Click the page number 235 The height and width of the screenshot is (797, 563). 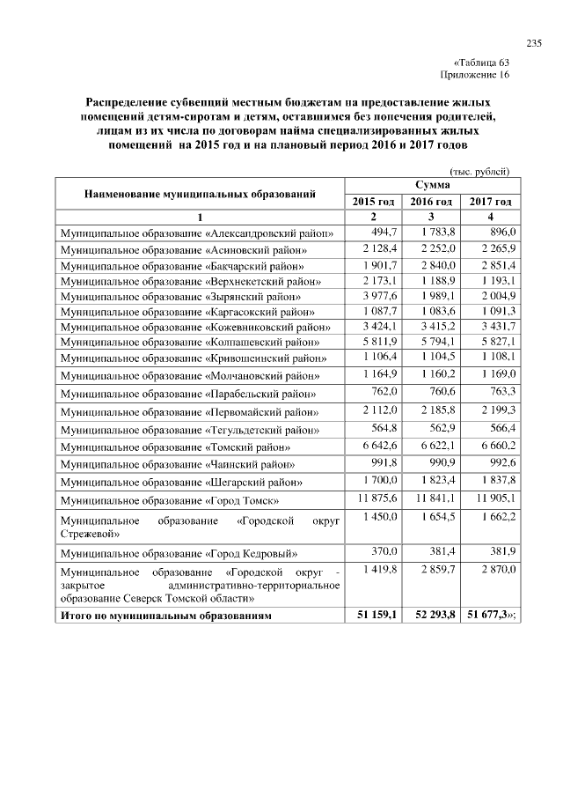[532, 44]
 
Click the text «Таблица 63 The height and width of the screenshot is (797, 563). [480, 63]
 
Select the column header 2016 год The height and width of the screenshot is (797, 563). [432, 202]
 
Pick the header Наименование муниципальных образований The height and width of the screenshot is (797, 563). [200, 193]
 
